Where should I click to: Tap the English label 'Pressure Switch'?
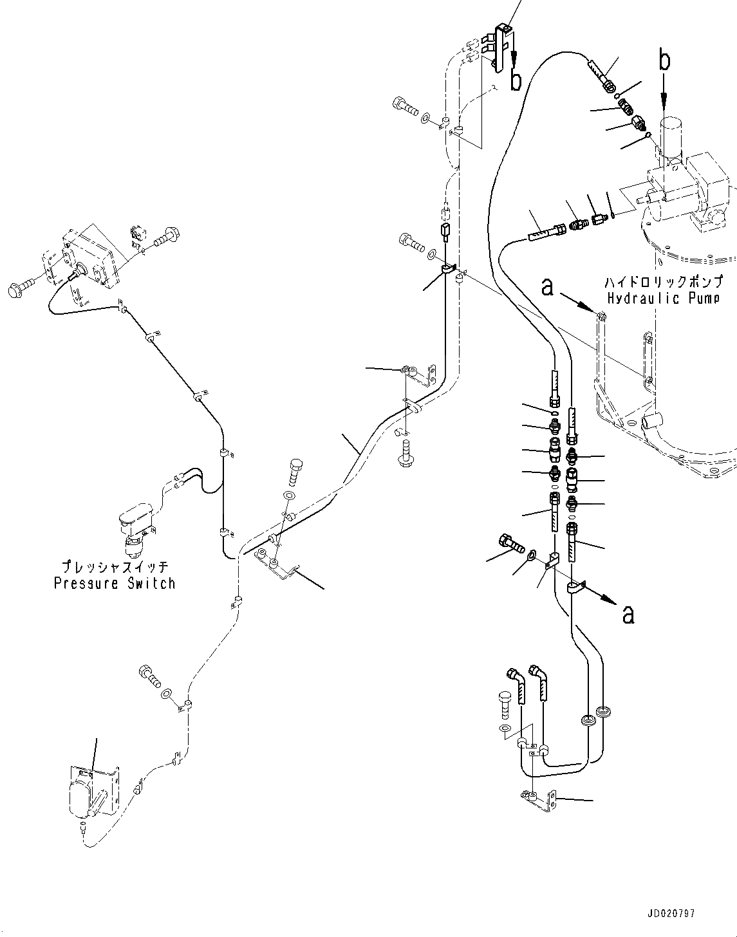pyautogui.click(x=115, y=584)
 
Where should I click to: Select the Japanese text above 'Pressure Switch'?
pyautogui.click(x=115, y=568)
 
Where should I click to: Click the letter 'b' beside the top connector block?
pyautogui.click(x=516, y=80)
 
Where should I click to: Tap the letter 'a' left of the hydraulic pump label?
pyautogui.click(x=547, y=287)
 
